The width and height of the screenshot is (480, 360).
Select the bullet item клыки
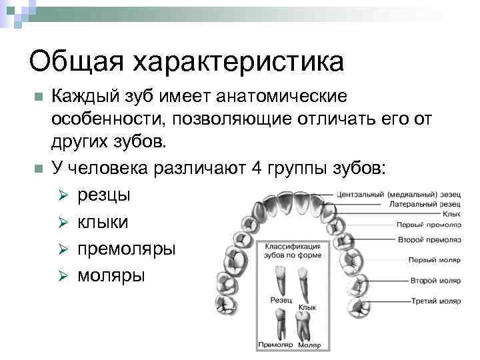click(x=103, y=222)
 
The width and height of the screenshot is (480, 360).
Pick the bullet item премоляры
click(x=127, y=249)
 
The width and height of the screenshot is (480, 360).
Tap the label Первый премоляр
click(x=425, y=226)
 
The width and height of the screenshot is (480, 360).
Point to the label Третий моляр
click(x=430, y=301)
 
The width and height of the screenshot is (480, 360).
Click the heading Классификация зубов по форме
click(x=294, y=251)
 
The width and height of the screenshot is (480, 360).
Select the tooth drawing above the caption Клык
click(x=304, y=283)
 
